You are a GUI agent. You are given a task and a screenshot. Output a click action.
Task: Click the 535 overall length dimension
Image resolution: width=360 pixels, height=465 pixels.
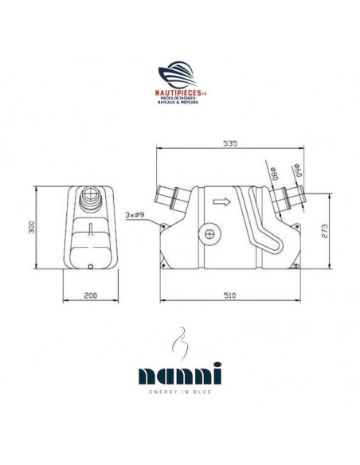click(229, 144)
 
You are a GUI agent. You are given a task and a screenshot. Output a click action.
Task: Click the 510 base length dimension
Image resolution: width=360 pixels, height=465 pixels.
click(230, 295)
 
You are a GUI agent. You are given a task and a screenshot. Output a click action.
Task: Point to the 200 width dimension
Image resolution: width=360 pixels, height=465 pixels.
click(90, 295)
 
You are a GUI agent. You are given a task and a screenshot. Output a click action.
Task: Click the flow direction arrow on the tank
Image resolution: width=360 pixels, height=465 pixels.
click(225, 203)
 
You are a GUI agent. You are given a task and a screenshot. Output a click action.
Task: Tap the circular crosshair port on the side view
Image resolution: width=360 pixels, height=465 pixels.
click(210, 235)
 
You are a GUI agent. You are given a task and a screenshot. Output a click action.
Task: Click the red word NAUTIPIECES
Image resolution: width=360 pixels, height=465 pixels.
click(176, 92)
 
